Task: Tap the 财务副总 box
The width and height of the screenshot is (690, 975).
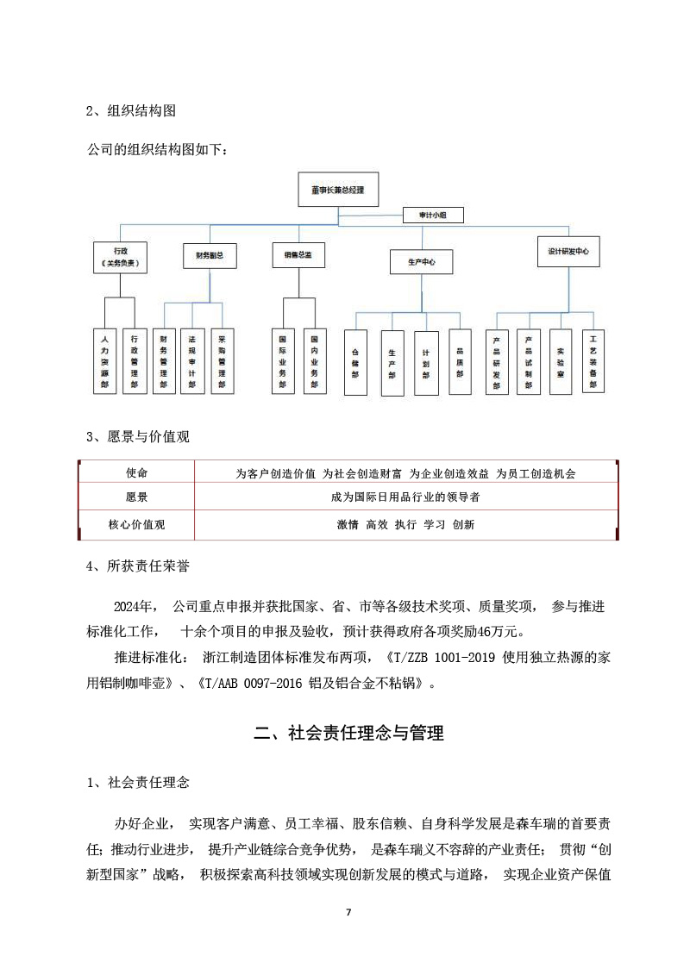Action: (210, 255)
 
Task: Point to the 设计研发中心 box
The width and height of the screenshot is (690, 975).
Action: (568, 252)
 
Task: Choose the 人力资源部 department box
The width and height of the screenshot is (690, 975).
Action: (104, 361)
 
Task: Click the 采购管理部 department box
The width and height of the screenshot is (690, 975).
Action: (222, 361)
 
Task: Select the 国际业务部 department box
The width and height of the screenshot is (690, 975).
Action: (283, 361)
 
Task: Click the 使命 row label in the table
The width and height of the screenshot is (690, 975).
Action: (136, 474)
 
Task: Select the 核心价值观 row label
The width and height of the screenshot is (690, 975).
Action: (136, 523)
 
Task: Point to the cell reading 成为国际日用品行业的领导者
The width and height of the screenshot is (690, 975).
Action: (405, 498)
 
